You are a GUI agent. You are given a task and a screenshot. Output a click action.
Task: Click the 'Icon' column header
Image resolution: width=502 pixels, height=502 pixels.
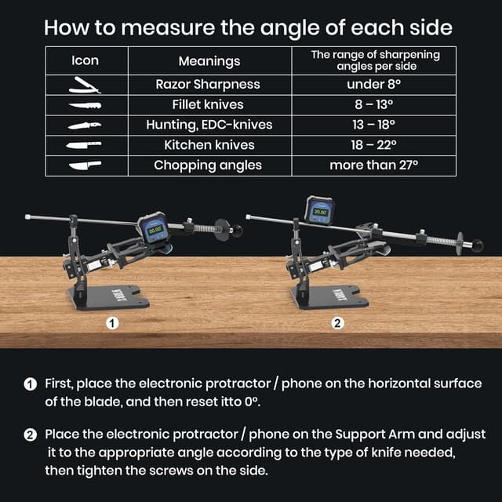pos(85,60)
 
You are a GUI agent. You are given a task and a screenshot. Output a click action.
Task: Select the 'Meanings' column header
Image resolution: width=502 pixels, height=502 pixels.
pos(209,60)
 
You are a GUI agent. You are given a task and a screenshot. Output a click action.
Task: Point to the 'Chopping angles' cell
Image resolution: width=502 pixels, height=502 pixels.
pos(208,166)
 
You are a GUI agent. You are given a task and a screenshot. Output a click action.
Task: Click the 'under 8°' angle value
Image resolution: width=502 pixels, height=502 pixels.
pos(373,84)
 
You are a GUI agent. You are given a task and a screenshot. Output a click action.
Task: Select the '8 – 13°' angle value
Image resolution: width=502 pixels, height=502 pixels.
pos(373,104)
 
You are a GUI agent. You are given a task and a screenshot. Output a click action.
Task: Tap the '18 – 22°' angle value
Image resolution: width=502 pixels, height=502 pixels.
pos(373,145)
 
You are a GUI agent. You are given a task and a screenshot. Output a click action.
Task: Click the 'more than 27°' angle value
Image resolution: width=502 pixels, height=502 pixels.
pos(373,166)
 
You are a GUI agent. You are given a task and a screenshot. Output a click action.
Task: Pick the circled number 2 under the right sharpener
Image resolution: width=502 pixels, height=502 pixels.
pos(337,322)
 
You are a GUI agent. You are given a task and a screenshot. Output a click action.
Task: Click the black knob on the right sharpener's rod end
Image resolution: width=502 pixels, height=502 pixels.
pos(477,246)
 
